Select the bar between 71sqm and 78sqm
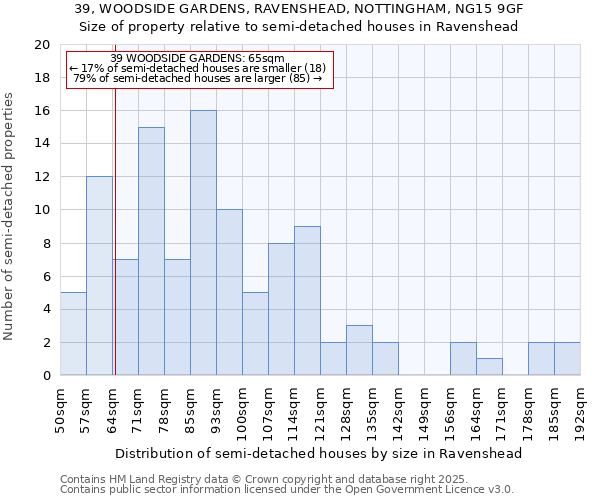click(x=151, y=251)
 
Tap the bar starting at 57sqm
click(x=99, y=276)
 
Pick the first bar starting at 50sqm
click(x=73, y=334)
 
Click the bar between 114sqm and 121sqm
click(x=307, y=301)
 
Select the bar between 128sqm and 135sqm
click(x=359, y=350)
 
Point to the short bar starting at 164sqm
click(x=489, y=367)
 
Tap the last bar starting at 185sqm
click(x=567, y=359)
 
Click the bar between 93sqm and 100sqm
click(x=229, y=293)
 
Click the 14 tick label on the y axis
click(x=41, y=144)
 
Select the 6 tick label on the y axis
click(x=45, y=276)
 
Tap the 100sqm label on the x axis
click(x=242, y=407)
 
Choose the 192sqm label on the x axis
click(x=580, y=407)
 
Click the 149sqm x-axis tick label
click(x=424, y=407)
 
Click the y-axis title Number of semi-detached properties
click(x=10, y=216)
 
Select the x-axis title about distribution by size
click(x=319, y=453)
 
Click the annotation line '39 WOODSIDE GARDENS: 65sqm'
click(x=197, y=59)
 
